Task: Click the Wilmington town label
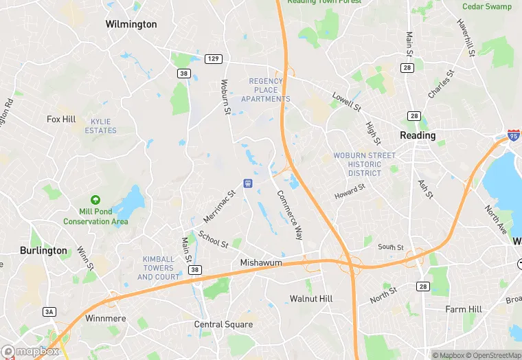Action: (131, 24)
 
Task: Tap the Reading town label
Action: (418, 135)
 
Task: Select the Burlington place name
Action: (43, 251)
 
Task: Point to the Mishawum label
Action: (261, 263)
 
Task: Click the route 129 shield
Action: (213, 59)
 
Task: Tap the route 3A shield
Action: (49, 312)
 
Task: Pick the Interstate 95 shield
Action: (514, 136)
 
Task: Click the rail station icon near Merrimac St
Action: (249, 183)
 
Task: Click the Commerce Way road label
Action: (290, 213)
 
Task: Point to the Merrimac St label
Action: (219, 206)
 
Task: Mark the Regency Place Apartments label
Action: (265, 90)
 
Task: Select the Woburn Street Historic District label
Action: (365, 164)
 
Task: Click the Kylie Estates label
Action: (100, 126)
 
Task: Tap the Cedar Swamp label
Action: (486, 7)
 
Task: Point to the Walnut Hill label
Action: (311, 299)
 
